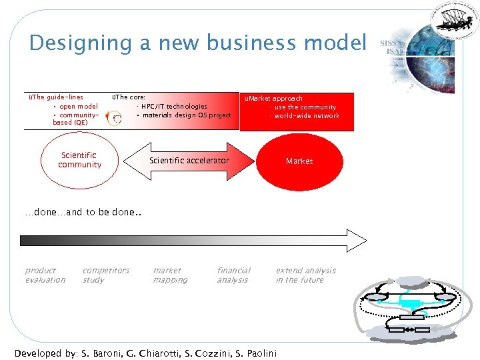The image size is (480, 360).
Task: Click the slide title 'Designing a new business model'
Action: point(197,43)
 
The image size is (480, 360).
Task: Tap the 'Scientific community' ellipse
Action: point(79,161)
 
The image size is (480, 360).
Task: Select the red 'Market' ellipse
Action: point(299,161)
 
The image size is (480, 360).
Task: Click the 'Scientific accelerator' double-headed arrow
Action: point(189,161)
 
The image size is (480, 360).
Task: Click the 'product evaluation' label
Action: point(45,275)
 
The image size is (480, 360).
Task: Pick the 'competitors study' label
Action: point(105,275)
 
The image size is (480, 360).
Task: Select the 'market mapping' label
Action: point(170,275)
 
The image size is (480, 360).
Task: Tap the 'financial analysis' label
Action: point(233,275)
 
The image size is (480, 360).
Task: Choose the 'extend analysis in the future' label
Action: point(305,275)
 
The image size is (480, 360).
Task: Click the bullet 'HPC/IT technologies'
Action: point(173,106)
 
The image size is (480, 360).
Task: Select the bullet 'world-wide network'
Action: point(306,116)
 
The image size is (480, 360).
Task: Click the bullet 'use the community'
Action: point(305,107)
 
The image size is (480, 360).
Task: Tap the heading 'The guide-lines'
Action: point(57,97)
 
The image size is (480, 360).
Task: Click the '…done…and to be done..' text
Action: point(74,213)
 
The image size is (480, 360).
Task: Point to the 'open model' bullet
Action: point(78,106)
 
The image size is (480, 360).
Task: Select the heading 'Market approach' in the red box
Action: point(275,98)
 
